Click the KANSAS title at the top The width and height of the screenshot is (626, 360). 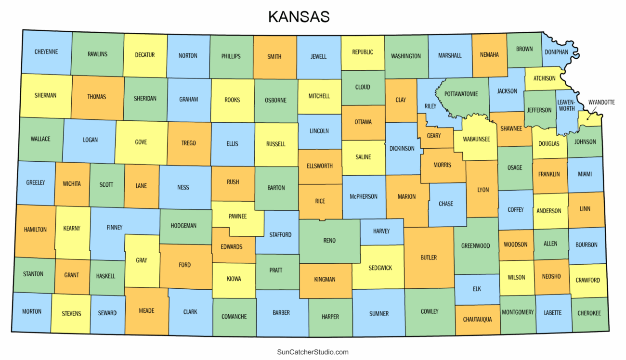point(299,17)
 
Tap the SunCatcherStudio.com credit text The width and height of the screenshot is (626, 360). point(313,352)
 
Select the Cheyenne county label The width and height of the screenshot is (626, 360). point(46,52)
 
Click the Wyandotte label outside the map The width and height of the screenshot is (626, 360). point(601,103)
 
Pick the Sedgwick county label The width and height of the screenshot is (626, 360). point(380,268)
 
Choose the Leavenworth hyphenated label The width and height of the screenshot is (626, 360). point(566,105)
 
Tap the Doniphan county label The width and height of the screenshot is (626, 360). point(556,52)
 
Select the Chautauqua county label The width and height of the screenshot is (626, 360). point(477,320)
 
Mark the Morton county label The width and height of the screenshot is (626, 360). point(32,311)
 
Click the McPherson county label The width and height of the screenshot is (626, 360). point(364,196)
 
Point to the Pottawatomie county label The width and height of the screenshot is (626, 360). point(461,94)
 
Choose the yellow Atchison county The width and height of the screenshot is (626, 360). point(544,78)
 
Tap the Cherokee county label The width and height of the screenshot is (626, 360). point(589,313)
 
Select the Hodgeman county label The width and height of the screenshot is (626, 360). point(183,226)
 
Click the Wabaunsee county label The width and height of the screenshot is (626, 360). point(476,139)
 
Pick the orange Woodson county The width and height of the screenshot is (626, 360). point(515,245)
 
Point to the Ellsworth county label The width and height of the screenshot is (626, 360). point(319,166)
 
